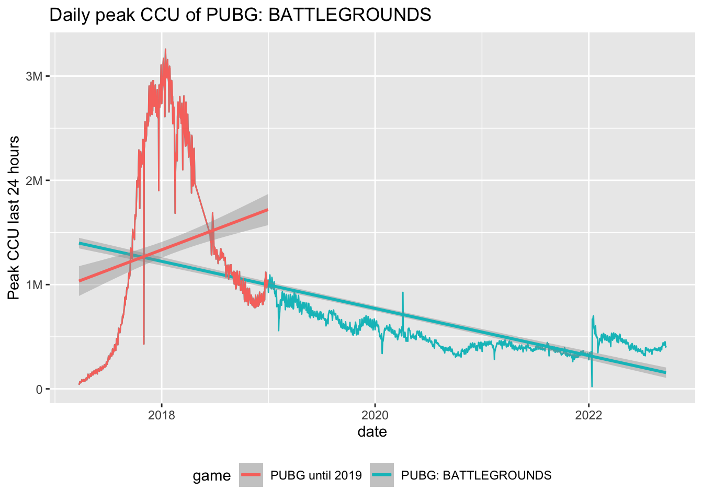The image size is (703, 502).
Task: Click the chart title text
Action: (240, 15)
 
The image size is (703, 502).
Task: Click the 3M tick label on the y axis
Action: (33, 76)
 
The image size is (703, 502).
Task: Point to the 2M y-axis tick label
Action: (33, 180)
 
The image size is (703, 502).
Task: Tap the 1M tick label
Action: (33, 285)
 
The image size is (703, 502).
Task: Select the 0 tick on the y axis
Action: (39, 390)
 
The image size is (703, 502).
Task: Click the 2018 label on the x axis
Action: (162, 416)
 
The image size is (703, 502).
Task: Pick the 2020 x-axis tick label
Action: (375, 416)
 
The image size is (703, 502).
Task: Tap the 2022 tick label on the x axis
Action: (589, 416)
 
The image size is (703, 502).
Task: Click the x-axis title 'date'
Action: (372, 432)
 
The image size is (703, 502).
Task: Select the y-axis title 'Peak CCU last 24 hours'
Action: (14, 218)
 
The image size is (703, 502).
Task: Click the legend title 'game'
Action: (211, 476)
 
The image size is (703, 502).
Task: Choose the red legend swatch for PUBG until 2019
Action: (251, 475)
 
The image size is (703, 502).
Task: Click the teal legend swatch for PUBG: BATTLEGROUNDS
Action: (381, 475)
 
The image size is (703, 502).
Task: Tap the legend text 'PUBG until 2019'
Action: (316, 476)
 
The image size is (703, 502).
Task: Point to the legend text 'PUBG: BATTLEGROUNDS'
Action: (476, 476)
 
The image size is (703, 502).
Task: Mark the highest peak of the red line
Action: (165, 49)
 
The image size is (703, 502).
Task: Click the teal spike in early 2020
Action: (403, 293)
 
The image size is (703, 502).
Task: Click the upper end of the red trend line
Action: (268, 210)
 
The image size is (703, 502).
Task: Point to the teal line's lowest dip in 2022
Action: (592, 386)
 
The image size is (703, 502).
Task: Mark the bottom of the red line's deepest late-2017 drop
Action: (144, 344)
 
